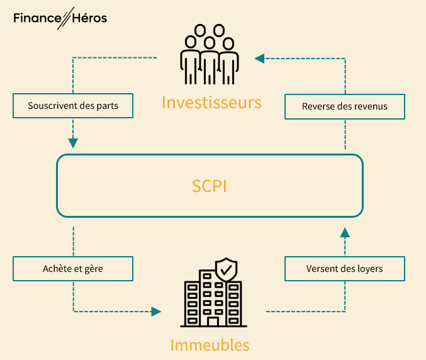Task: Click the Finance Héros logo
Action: click(x=60, y=18)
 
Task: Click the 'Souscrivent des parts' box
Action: click(x=74, y=106)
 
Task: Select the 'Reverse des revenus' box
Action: click(x=344, y=106)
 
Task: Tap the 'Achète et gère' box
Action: click(x=74, y=269)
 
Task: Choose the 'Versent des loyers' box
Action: click(x=344, y=269)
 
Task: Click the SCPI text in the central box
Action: click(x=210, y=187)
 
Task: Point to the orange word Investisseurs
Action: click(x=211, y=102)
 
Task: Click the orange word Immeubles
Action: click(x=210, y=345)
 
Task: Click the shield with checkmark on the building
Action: click(x=226, y=270)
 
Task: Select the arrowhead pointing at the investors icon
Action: click(x=259, y=59)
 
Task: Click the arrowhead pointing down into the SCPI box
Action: click(x=74, y=143)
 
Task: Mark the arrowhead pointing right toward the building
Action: click(x=156, y=311)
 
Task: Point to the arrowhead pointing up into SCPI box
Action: click(x=344, y=233)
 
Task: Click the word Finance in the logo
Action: click(x=35, y=18)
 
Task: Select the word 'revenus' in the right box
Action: click(x=370, y=106)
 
